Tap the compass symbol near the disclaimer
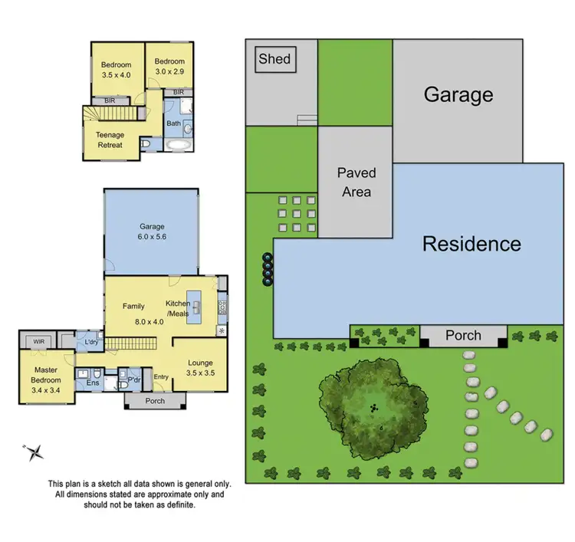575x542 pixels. (34, 452)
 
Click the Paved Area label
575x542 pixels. (355, 182)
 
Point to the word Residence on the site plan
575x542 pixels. (472, 245)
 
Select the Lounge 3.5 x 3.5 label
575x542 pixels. (199, 368)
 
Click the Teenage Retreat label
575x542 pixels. (110, 140)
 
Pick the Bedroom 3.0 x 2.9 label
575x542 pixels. (169, 67)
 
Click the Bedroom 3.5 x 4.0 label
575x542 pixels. (117, 70)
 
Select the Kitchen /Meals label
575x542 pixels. (178, 308)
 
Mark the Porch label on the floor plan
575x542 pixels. (155, 401)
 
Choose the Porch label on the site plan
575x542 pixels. (463, 335)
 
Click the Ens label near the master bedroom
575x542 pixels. (92, 383)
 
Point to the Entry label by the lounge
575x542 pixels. (161, 376)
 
